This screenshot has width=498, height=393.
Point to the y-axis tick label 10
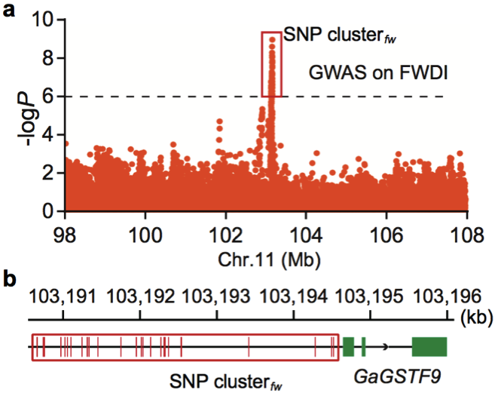click(x=44, y=20)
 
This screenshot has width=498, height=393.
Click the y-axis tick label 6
click(x=50, y=97)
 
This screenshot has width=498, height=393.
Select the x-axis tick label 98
click(x=66, y=232)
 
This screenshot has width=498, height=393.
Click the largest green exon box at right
click(x=429, y=347)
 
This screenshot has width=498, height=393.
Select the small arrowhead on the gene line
click(x=386, y=347)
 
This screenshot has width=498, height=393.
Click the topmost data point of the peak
click(x=271, y=39)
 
